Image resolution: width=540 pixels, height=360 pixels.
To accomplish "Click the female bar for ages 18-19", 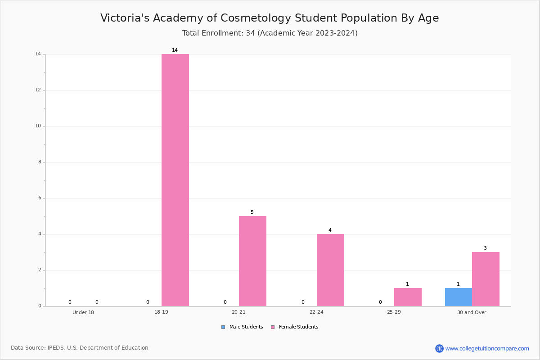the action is click(x=175, y=180).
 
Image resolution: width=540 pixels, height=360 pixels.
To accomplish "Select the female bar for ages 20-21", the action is click(x=252, y=261).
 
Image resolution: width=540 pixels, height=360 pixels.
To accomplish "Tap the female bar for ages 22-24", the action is click(x=330, y=270).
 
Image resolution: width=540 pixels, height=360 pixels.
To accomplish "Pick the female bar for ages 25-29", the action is click(x=408, y=297).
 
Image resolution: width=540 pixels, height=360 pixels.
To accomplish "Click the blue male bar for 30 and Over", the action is click(x=459, y=297).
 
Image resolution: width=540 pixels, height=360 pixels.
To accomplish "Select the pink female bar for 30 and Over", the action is click(x=486, y=279).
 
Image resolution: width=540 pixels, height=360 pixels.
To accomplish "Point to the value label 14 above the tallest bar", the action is click(x=175, y=50).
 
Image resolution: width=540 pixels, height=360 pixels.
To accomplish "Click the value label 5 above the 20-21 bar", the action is click(x=252, y=212).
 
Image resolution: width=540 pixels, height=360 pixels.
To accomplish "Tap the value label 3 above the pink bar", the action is click(x=485, y=248).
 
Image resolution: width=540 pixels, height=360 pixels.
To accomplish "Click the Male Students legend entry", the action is click(x=242, y=327).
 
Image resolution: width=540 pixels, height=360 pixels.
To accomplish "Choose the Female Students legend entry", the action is click(x=295, y=327).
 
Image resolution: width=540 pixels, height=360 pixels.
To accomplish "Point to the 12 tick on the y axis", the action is click(x=38, y=90).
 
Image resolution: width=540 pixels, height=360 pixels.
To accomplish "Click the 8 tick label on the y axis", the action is click(x=40, y=162).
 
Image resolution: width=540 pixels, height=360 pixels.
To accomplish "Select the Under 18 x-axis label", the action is click(x=83, y=312).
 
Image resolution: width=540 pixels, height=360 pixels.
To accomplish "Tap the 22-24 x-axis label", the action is click(x=316, y=312).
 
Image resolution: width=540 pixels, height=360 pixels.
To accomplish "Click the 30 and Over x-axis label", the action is click(x=472, y=312).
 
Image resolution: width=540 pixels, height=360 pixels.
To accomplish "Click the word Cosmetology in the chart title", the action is click(x=256, y=18).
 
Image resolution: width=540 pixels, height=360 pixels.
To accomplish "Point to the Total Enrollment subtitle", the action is click(x=270, y=33).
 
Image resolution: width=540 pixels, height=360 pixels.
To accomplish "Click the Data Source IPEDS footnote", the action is click(x=80, y=348).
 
